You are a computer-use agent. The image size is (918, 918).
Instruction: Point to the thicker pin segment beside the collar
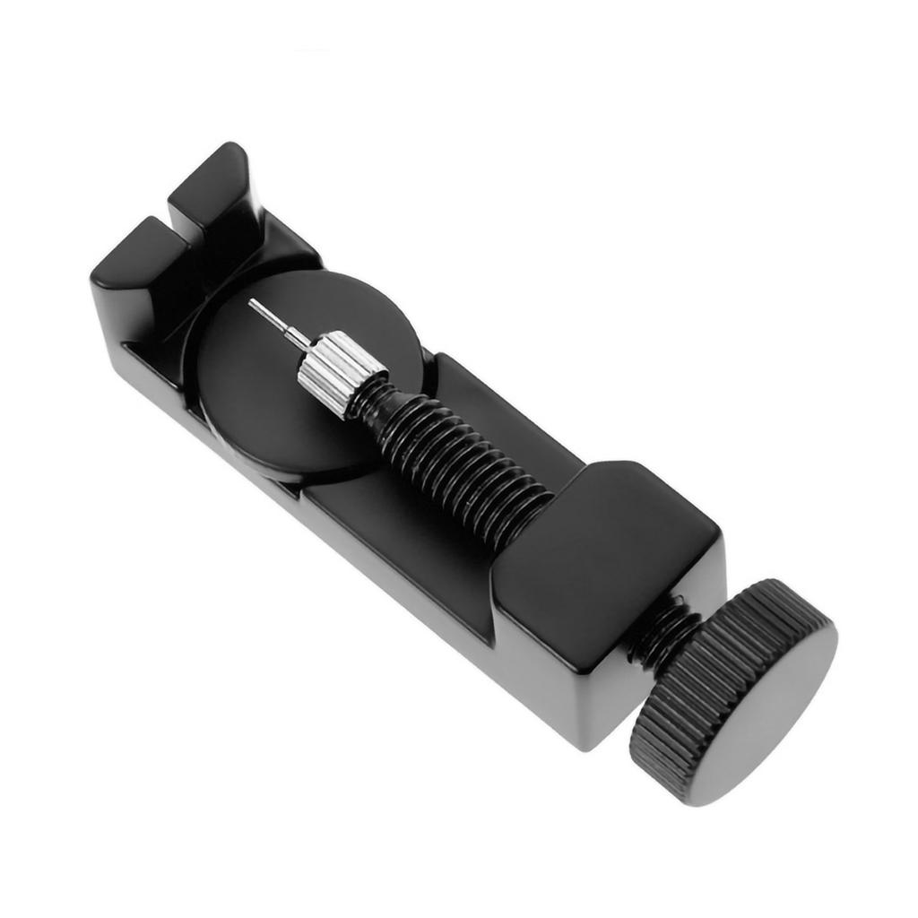pos(297,338)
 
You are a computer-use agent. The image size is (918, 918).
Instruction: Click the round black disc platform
pos(269,394)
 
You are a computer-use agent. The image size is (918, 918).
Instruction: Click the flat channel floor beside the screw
pos(394,520)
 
